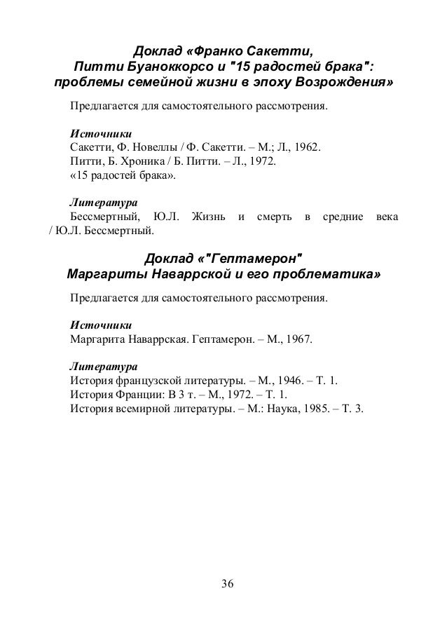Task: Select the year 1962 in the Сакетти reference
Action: (x=305, y=148)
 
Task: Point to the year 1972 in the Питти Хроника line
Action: (x=261, y=163)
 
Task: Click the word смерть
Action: (x=270, y=217)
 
